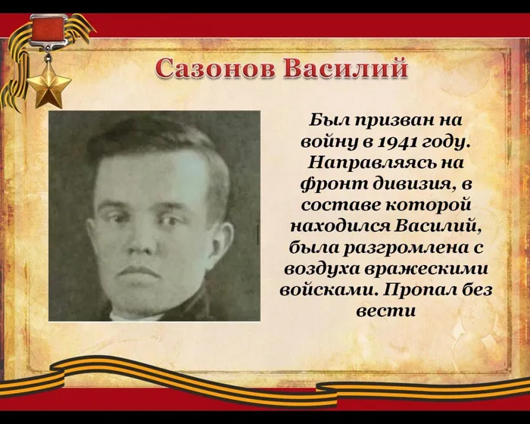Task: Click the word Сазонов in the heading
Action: point(214,69)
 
